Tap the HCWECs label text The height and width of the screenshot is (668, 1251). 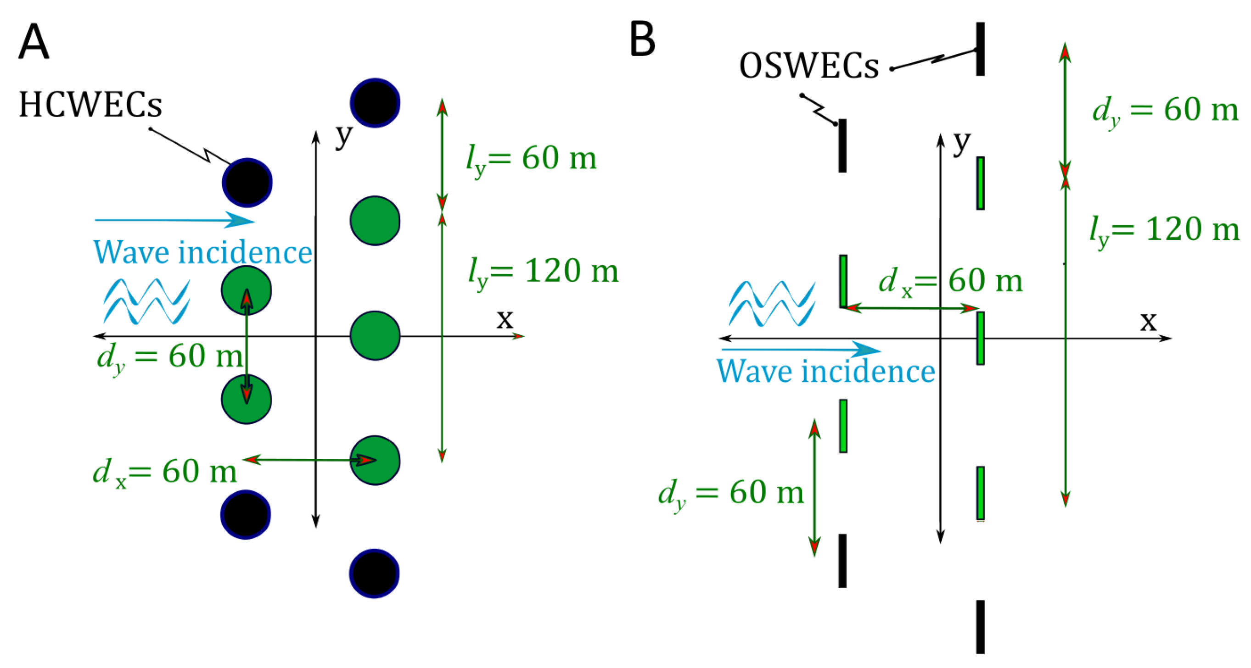pos(90,105)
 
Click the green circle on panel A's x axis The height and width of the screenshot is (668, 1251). pos(375,335)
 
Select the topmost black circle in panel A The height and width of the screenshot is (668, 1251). pos(375,103)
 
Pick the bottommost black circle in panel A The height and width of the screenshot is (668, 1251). pos(374,573)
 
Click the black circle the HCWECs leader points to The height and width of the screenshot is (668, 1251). pos(247,183)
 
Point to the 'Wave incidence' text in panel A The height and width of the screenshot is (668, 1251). pos(202,252)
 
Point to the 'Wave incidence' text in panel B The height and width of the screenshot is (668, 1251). pos(825,371)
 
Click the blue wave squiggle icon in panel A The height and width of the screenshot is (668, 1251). pos(146,301)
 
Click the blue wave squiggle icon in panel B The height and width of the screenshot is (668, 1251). pos(772,304)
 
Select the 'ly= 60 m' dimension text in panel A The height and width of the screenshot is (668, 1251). pos(531,159)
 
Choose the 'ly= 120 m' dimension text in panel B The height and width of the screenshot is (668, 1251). pos(1164,229)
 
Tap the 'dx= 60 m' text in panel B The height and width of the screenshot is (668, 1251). pos(950,281)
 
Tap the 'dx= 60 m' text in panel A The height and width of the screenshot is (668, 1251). pos(165,471)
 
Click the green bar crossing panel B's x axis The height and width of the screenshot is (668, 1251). pos(981,339)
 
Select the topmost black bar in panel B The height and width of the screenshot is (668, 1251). pos(981,49)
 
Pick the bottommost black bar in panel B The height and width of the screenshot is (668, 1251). pos(981,627)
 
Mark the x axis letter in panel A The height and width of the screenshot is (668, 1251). pos(505,319)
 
